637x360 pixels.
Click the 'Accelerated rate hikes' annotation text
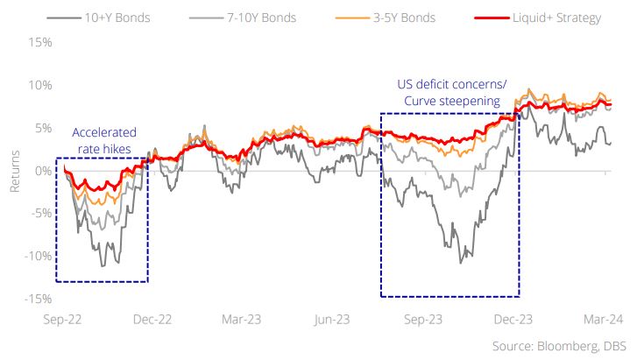point(103,140)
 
